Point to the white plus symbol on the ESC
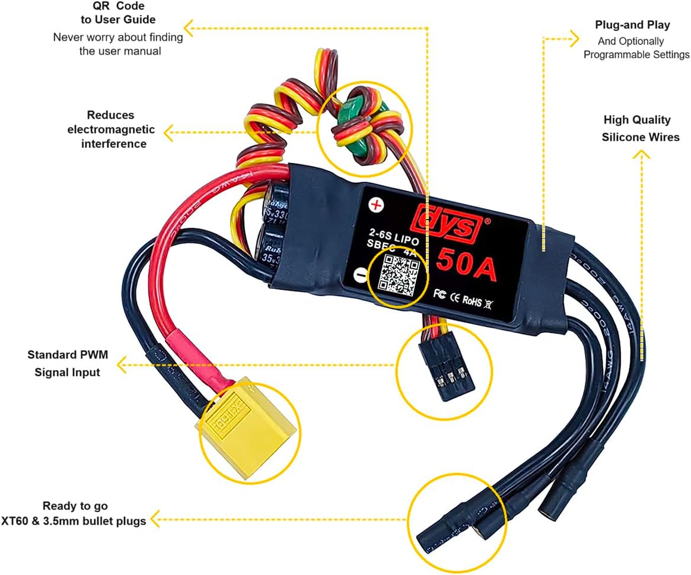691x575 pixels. click(375, 205)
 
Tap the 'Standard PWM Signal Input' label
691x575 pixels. click(68, 364)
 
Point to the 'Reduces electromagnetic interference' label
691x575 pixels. click(111, 129)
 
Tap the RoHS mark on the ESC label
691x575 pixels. click(472, 300)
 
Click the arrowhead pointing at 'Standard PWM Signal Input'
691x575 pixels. click(122, 364)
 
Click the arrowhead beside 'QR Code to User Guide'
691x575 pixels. click(189, 27)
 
